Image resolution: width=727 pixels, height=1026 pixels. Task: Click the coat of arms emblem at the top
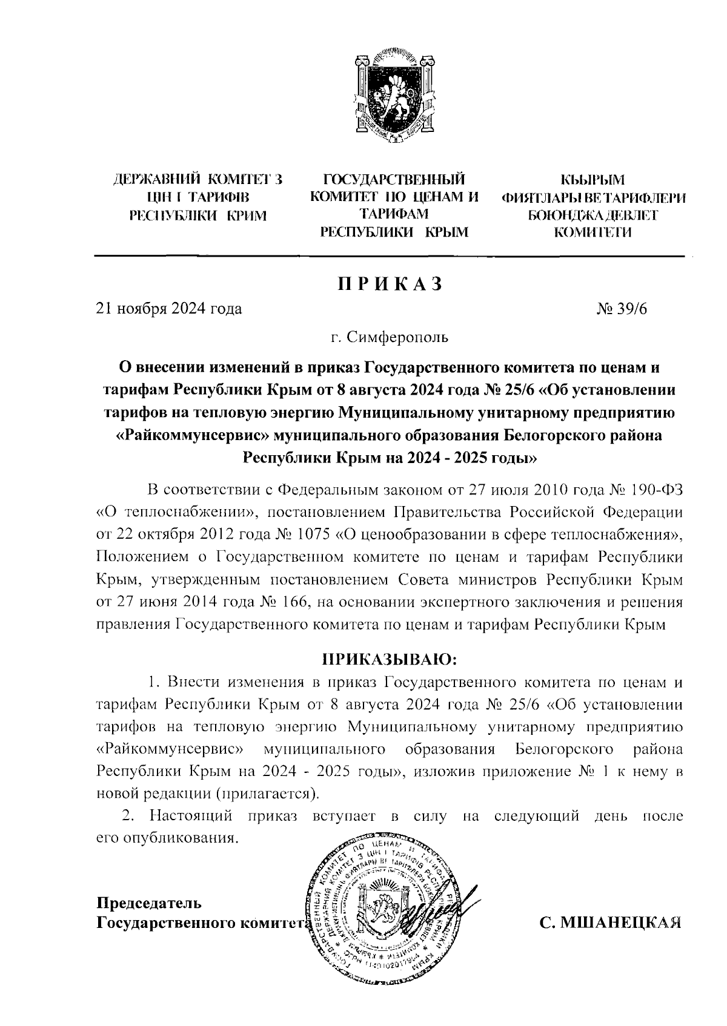click(x=393, y=99)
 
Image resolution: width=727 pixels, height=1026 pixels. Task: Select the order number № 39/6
click(x=622, y=309)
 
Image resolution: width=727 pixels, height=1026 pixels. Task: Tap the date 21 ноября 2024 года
click(x=169, y=309)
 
